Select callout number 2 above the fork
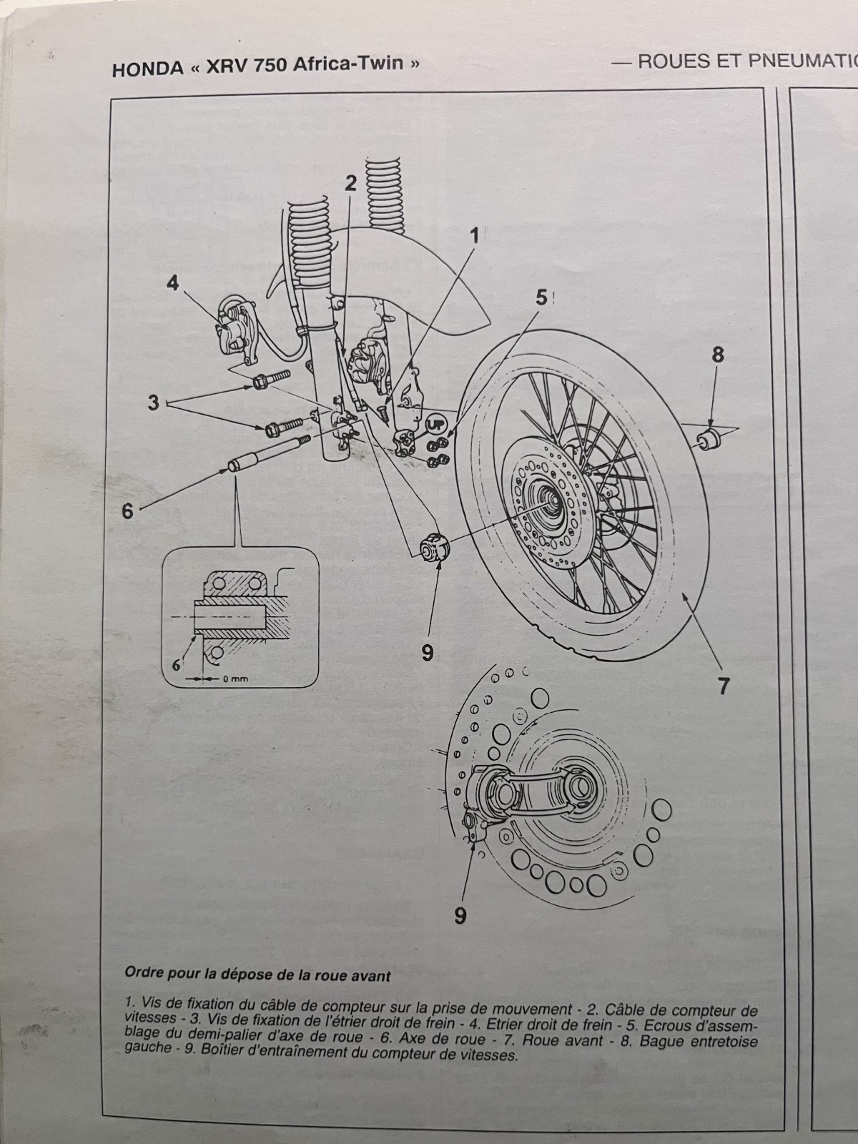(350, 183)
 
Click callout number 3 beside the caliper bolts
(153, 402)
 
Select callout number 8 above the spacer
(718, 354)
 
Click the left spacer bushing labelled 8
(709, 438)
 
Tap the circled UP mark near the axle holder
(433, 424)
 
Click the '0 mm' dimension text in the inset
(234, 679)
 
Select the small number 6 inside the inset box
(175, 664)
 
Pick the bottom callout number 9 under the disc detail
(460, 914)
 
